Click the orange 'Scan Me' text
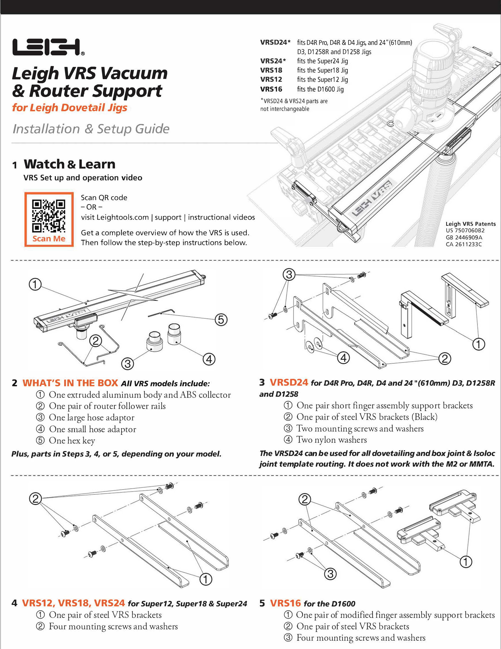click(49, 239)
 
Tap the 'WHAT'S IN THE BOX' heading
click(70, 383)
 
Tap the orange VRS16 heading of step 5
click(286, 603)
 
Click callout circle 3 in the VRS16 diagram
click(330, 573)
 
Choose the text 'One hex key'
click(72, 440)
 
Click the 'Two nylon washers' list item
click(332, 440)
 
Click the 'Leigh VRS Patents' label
click(470, 224)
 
